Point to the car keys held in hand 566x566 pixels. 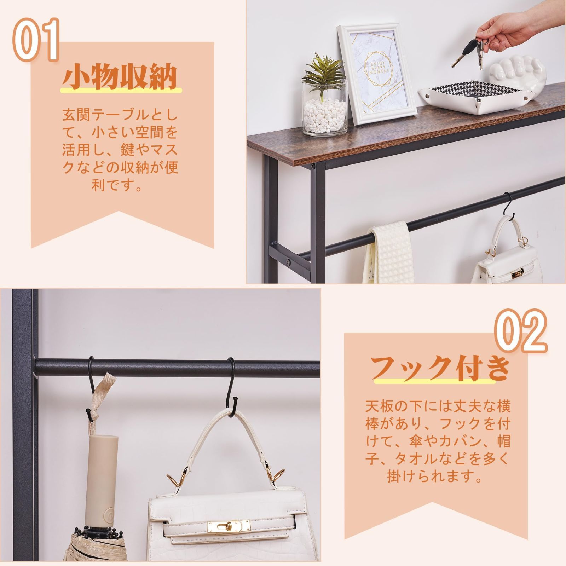tap(467, 51)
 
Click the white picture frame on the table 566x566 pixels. tap(377, 74)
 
